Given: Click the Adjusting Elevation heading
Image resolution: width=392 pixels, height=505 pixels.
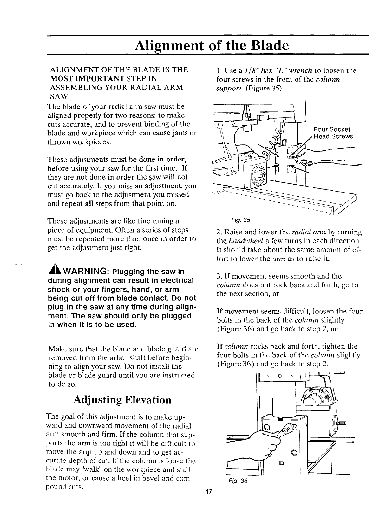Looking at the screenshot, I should (x=122, y=400).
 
